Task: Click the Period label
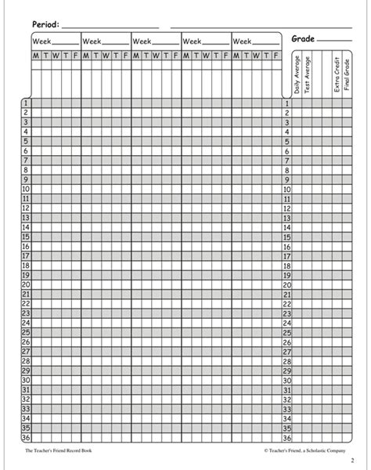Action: (44, 24)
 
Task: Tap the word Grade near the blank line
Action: (304, 38)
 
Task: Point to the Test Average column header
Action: (308, 75)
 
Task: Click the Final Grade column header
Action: (347, 77)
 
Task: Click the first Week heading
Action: (41, 40)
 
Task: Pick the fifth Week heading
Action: (243, 40)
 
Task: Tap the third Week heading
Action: (142, 40)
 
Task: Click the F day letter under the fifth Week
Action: (276, 55)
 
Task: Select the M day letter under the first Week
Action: (35, 55)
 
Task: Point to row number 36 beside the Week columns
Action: (26, 439)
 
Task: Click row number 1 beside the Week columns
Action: (27, 103)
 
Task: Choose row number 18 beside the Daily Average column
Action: (287, 266)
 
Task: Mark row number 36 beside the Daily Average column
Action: (287, 439)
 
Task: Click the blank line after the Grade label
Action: (335, 41)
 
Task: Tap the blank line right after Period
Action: (110, 27)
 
